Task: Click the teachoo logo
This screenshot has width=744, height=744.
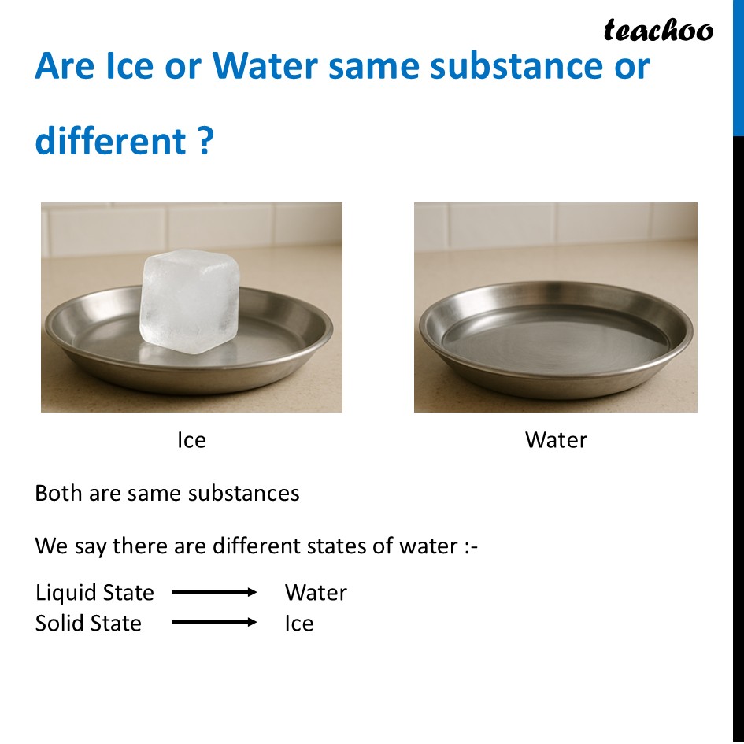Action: pyautogui.click(x=658, y=30)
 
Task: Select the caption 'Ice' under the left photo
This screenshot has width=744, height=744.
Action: pyautogui.click(x=191, y=439)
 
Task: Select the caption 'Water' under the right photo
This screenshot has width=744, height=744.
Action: pyautogui.click(x=556, y=439)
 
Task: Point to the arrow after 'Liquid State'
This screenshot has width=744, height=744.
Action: pyautogui.click(x=214, y=592)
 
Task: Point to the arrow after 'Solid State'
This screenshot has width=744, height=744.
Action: pyautogui.click(x=214, y=623)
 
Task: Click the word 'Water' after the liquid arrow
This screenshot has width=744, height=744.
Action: pyautogui.click(x=316, y=592)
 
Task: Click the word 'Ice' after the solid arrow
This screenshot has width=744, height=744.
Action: pyautogui.click(x=299, y=623)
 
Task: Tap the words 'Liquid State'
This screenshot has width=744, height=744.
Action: pyautogui.click(x=94, y=592)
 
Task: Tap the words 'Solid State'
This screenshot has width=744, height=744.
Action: pyautogui.click(x=88, y=623)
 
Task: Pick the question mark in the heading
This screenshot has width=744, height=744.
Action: pyautogui.click(x=205, y=142)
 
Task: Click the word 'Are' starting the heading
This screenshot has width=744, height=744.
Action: pyautogui.click(x=65, y=67)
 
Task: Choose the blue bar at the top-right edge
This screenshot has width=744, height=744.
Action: pyautogui.click(x=738, y=67)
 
